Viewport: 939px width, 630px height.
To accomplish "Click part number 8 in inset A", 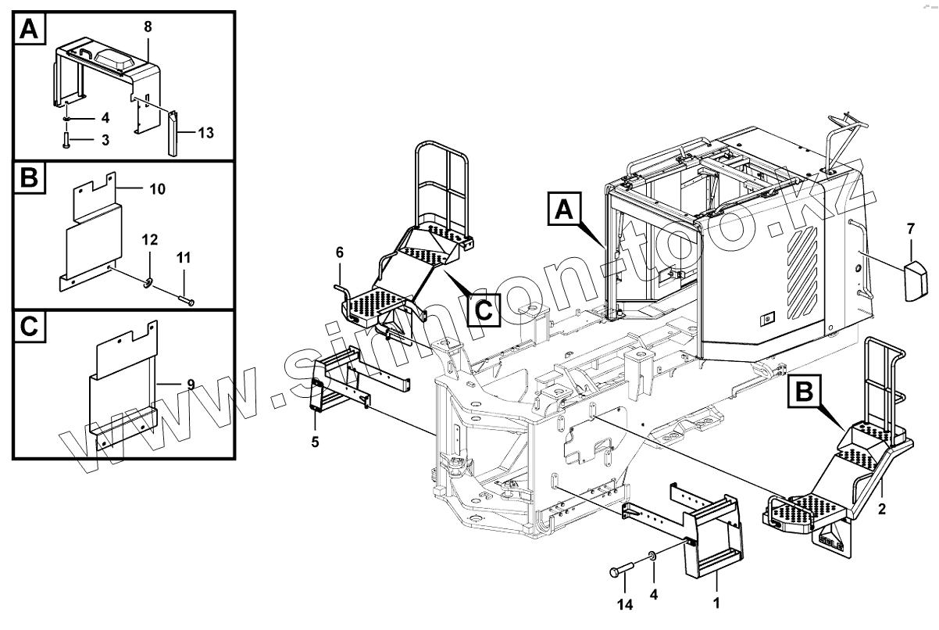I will click(148, 26).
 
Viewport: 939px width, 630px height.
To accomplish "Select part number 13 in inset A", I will click(205, 134).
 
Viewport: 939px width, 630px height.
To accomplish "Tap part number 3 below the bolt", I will click(105, 139).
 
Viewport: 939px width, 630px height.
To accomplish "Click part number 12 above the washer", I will click(149, 238).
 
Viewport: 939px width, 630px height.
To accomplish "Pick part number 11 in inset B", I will click(183, 257).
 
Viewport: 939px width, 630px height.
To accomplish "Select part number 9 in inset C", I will click(191, 384).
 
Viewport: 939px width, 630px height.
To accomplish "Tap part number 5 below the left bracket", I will click(315, 442).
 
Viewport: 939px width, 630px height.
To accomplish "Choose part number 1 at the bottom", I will click(716, 603).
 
